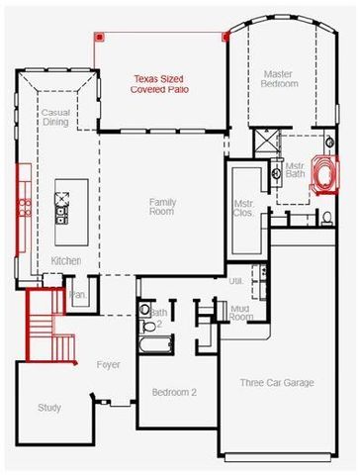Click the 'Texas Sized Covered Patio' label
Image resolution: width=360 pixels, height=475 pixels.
pos(160,84)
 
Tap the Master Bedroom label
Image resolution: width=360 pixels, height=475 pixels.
pos(279,79)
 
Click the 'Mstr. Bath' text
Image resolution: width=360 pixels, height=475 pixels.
pos(296,170)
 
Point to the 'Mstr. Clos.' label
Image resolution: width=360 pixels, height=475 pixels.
pos(245,208)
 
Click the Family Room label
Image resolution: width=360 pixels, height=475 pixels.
pos(162,206)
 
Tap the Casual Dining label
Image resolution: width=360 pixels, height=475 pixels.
pos(54,119)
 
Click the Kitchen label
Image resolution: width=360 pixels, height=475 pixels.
pos(65,260)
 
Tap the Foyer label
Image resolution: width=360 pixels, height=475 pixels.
pos(108,365)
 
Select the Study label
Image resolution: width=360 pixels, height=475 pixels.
pos(48,407)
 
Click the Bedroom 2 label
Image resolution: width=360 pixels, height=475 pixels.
pos(174,392)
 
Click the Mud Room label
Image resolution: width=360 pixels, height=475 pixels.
pos(240,313)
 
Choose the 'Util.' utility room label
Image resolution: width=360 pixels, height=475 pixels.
pos(236,281)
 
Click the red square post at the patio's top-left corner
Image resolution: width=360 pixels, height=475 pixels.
pos(99,36)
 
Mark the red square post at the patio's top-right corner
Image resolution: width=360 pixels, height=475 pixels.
pos(226,36)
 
